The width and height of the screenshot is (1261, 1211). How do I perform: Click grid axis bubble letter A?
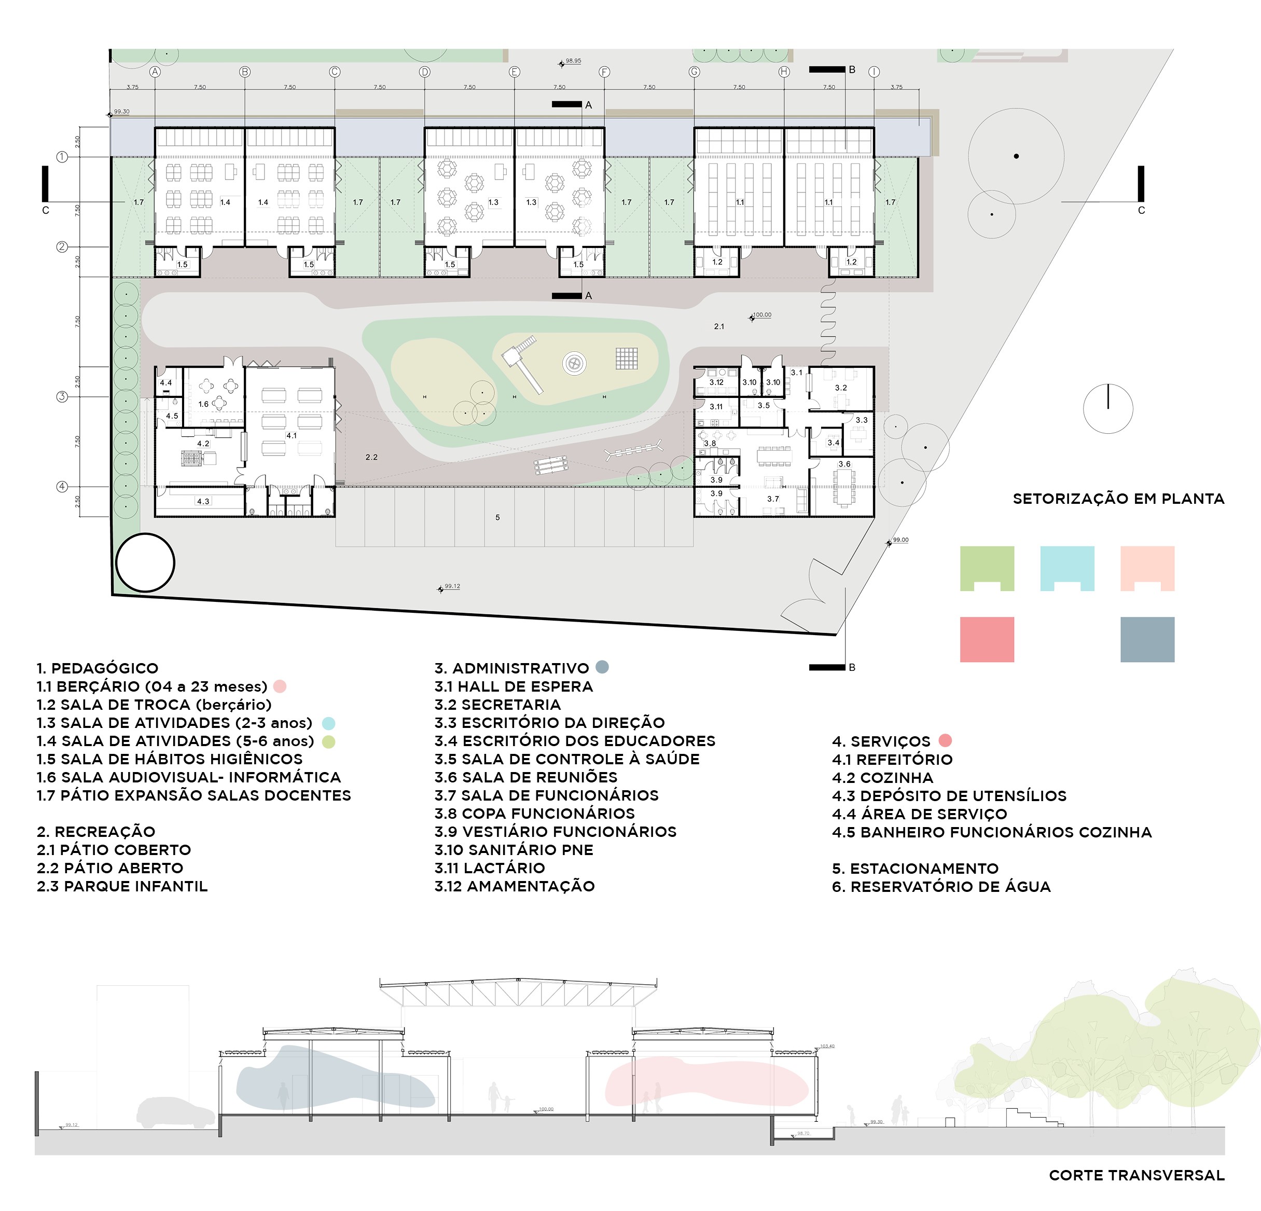(155, 72)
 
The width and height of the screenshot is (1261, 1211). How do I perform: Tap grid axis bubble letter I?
(874, 72)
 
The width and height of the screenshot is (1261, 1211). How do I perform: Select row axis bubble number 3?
(62, 396)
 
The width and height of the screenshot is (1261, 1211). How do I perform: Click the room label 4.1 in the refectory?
(292, 436)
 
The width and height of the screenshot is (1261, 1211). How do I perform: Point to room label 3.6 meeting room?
(844, 464)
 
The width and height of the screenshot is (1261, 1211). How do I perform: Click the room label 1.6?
(203, 404)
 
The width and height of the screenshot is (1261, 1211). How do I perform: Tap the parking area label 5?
(497, 517)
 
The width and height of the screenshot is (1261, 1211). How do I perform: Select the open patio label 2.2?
(371, 458)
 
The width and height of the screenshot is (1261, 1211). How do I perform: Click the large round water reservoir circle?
(145, 562)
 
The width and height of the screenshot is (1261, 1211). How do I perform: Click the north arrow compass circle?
(1108, 409)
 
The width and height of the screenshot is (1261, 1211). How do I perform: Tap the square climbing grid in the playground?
(626, 359)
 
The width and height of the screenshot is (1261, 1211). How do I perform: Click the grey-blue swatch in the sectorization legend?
(1146, 640)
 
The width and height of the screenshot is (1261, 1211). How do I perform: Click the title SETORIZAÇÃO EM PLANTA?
(1118, 499)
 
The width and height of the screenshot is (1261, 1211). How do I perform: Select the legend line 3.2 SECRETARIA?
(497, 705)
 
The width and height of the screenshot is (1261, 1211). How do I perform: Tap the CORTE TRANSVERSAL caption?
(1136, 1176)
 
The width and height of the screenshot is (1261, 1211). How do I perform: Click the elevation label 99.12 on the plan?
(452, 587)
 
